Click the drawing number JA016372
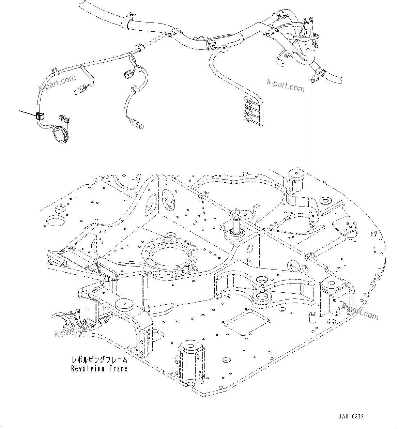351,417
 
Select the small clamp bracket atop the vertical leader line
312,80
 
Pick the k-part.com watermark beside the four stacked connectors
285,86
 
